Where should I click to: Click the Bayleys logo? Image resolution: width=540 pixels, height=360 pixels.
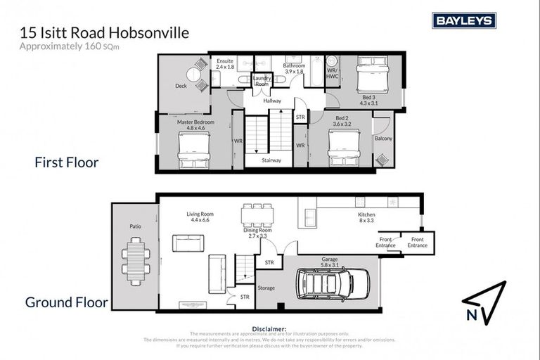(x=463, y=20)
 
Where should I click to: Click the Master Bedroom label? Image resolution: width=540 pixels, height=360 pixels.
(x=195, y=125)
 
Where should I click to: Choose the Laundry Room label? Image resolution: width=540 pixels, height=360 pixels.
(x=262, y=80)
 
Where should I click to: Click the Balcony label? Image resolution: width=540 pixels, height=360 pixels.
(x=384, y=139)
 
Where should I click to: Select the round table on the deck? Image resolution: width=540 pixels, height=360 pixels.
(x=194, y=75)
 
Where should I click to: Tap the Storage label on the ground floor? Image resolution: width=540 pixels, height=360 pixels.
(x=266, y=287)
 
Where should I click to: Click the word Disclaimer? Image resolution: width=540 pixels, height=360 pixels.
(x=269, y=328)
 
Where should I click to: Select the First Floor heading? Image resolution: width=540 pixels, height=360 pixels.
(x=67, y=162)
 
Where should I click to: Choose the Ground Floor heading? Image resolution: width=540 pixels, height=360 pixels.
(x=67, y=303)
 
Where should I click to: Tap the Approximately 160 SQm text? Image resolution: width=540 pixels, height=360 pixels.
(x=81, y=46)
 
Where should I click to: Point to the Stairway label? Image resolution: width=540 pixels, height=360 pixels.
(x=271, y=160)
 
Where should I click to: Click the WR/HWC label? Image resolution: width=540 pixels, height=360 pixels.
(x=332, y=72)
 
